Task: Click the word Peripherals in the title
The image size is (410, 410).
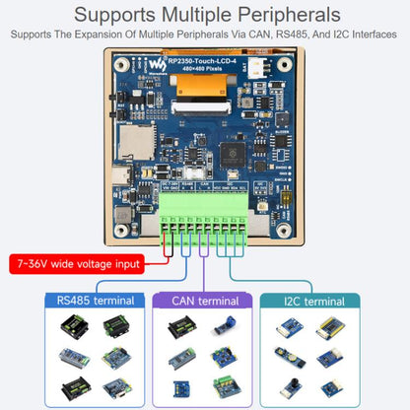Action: click(280, 15)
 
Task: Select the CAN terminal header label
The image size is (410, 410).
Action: click(205, 301)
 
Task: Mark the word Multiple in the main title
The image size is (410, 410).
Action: click(180, 15)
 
